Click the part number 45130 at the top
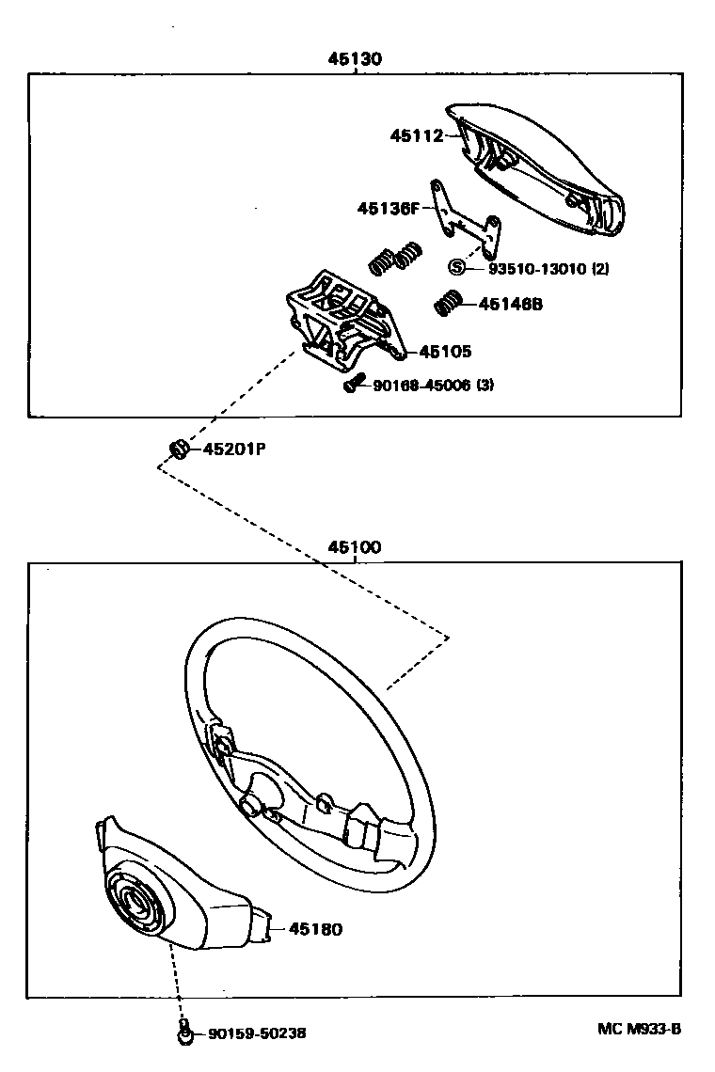click(x=355, y=58)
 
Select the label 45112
click(x=416, y=135)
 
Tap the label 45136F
click(x=387, y=208)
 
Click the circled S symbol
click(x=457, y=268)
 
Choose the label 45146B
click(x=511, y=304)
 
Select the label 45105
click(x=445, y=352)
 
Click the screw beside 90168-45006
click(x=352, y=384)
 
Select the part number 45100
click(x=355, y=547)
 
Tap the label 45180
click(x=315, y=929)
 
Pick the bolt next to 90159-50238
click(x=185, y=1033)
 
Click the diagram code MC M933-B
click(x=639, y=1028)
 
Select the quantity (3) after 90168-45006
click(x=485, y=385)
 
